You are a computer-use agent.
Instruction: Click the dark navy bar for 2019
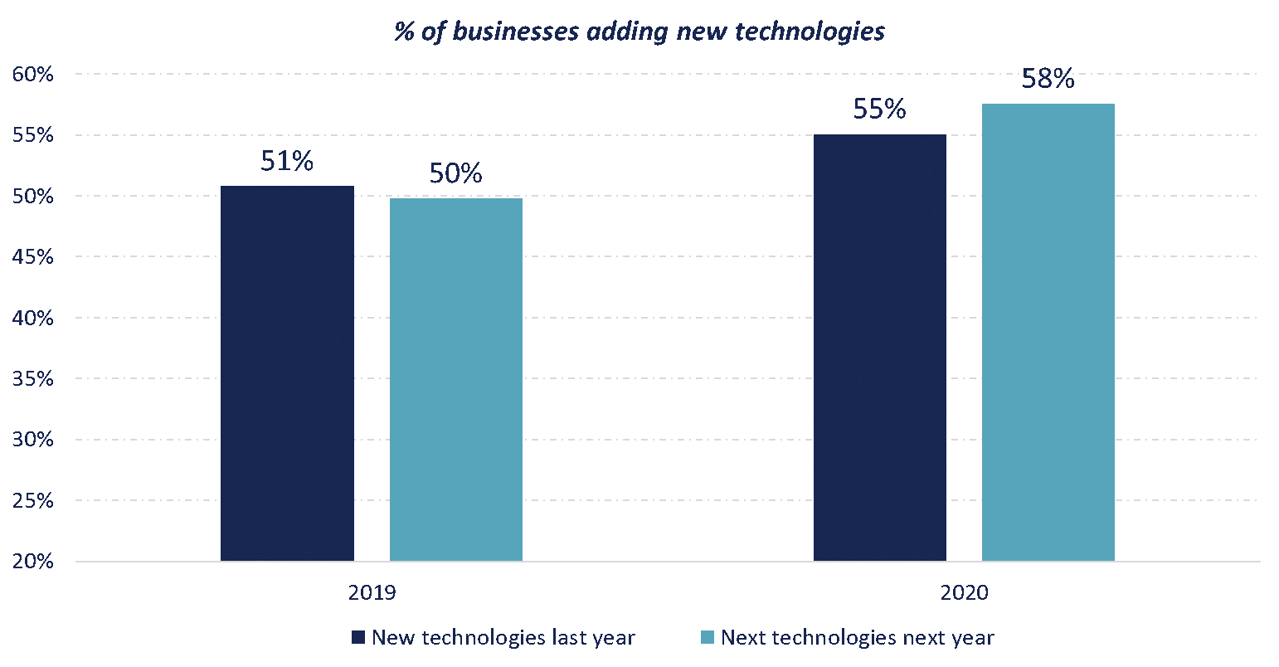pyautogui.click(x=287, y=373)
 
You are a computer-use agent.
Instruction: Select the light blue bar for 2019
pyautogui.click(x=456, y=379)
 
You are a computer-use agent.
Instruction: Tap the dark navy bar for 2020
pyautogui.click(x=879, y=348)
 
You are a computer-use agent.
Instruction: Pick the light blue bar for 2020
pyautogui.click(x=1048, y=332)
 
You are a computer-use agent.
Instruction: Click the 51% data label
pyautogui.click(x=287, y=162)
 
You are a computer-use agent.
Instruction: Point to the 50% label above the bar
pyautogui.click(x=455, y=173)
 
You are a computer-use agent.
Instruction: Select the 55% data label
pyautogui.click(x=879, y=110)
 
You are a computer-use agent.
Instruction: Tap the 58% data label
pyautogui.click(x=1048, y=80)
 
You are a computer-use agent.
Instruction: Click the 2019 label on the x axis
pyautogui.click(x=372, y=593)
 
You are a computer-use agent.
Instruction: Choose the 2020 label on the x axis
pyautogui.click(x=964, y=593)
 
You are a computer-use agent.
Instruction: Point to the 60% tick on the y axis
pyautogui.click(x=32, y=75)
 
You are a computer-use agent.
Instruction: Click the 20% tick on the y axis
pyautogui.click(x=32, y=562)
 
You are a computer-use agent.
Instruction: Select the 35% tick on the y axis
pyautogui.click(x=32, y=379)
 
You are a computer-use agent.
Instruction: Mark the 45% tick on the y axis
pyautogui.click(x=32, y=257)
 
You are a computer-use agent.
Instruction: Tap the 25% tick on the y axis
pyautogui.click(x=32, y=501)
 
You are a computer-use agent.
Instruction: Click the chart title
pyautogui.click(x=639, y=32)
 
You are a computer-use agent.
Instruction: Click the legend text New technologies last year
pyautogui.click(x=503, y=638)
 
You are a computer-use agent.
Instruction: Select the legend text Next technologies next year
pyautogui.click(x=857, y=638)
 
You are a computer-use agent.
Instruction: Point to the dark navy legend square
pyautogui.click(x=358, y=638)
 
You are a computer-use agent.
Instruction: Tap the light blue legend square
pyautogui.click(x=708, y=638)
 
